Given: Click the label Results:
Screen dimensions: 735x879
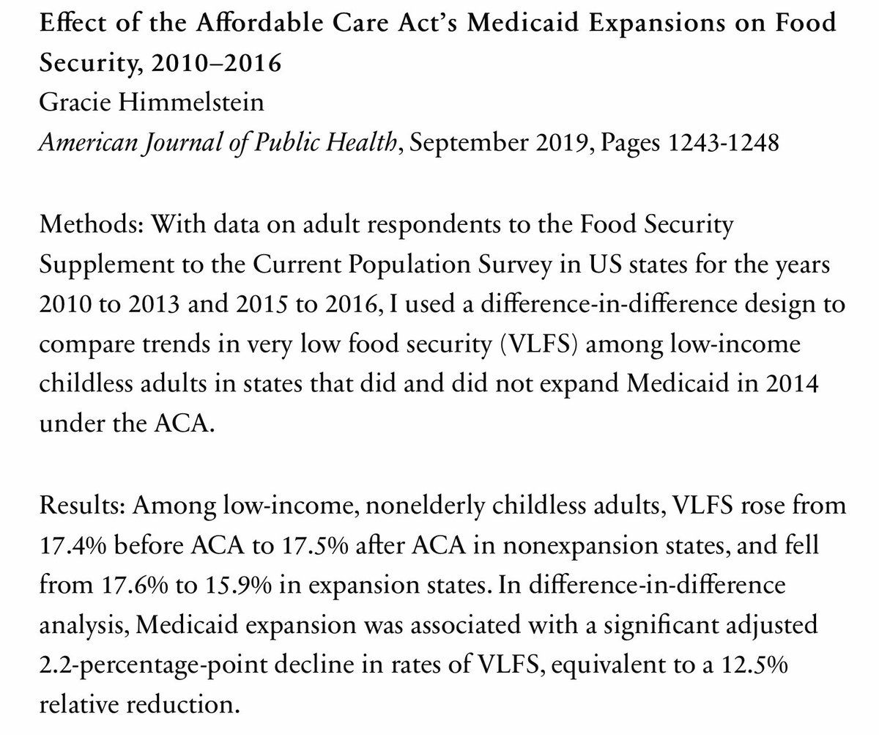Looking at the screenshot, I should pos(81,506).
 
